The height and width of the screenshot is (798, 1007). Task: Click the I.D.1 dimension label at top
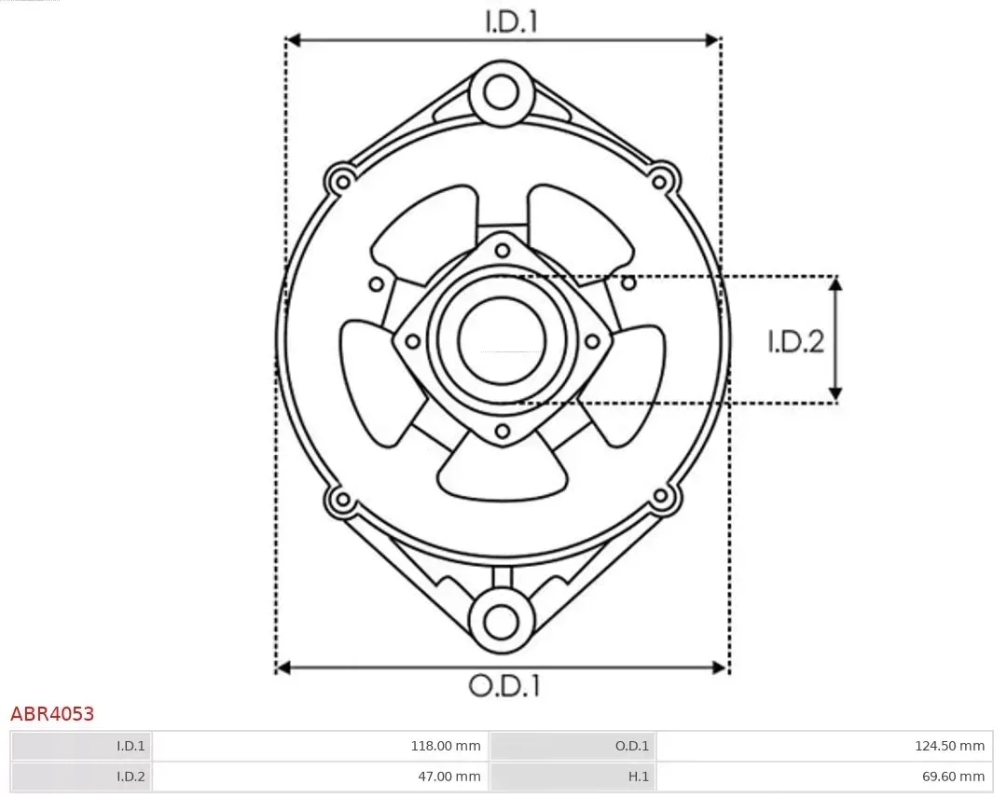[x=511, y=22]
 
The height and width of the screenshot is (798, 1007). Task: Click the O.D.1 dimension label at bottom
[x=504, y=687]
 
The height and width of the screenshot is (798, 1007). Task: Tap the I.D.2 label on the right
[x=795, y=341]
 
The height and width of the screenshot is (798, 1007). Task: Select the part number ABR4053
[x=52, y=714]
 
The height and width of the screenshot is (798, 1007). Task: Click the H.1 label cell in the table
[x=572, y=776]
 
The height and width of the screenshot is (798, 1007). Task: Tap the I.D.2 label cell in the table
[x=81, y=776]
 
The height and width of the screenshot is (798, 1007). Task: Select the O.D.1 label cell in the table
[x=572, y=745]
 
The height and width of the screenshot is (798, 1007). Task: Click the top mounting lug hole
[x=502, y=93]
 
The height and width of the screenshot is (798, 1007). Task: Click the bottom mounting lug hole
[x=502, y=621]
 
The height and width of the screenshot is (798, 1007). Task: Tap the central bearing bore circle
[x=502, y=340]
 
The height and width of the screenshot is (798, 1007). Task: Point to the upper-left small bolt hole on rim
[x=340, y=178]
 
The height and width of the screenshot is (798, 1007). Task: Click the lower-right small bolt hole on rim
[x=661, y=496]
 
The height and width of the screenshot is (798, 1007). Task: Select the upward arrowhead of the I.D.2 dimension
[x=836, y=283]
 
